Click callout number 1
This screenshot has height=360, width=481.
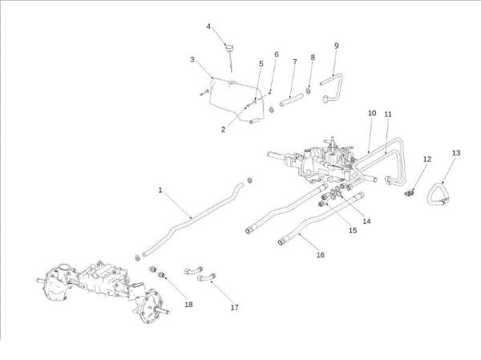coord(160,190)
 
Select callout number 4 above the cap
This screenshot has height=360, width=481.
coord(208,26)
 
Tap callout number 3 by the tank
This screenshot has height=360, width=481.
coord(192,59)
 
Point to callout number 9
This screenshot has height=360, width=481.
coord(336,46)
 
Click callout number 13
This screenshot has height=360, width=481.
coord(456,152)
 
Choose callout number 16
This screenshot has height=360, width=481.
coord(320,255)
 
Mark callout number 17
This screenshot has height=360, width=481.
coord(234,307)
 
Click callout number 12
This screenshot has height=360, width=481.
coord(426,160)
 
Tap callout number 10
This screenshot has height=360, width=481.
coord(371,115)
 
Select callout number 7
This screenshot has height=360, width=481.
coord(294,62)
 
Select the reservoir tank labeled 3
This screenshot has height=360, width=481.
coord(226,92)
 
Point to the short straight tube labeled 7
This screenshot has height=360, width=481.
coord(293,103)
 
